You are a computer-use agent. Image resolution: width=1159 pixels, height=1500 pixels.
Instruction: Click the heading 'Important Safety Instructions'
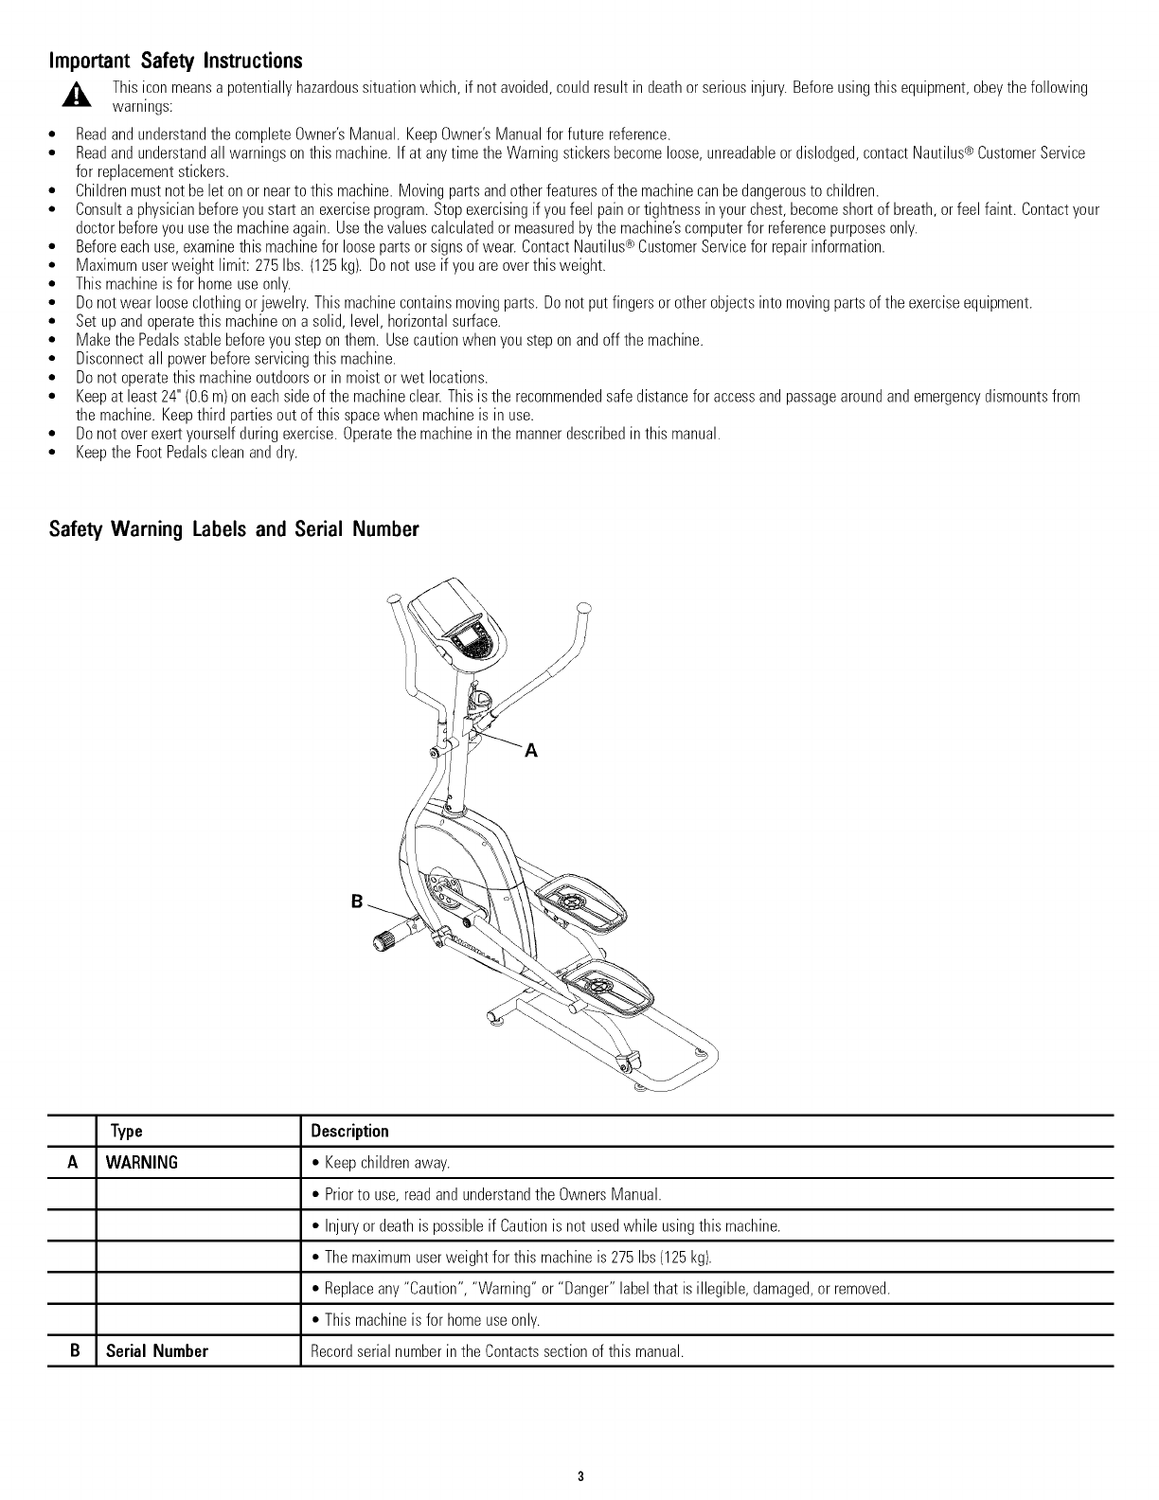[x=175, y=62]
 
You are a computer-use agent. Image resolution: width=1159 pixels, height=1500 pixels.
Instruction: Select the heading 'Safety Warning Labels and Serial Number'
[x=233, y=529]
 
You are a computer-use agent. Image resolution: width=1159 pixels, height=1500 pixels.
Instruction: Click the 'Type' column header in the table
[x=126, y=1132]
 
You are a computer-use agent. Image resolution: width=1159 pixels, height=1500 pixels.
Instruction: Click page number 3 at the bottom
[x=579, y=1476]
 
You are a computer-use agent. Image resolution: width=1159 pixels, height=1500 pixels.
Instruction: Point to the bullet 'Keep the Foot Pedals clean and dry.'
[x=187, y=453]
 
